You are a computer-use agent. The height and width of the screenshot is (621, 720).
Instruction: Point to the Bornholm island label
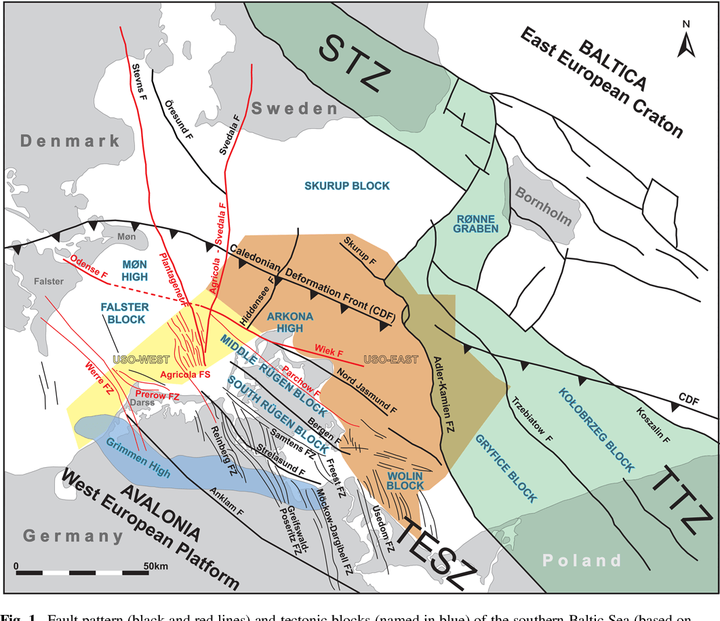[x=544, y=206]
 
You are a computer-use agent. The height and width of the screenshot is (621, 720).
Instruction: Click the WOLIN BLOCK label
[x=405, y=481]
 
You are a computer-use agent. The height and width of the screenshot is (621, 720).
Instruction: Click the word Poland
[x=582, y=560]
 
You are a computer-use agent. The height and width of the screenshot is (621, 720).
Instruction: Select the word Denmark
[x=70, y=141]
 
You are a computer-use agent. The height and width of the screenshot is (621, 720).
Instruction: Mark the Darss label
[x=143, y=402]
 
